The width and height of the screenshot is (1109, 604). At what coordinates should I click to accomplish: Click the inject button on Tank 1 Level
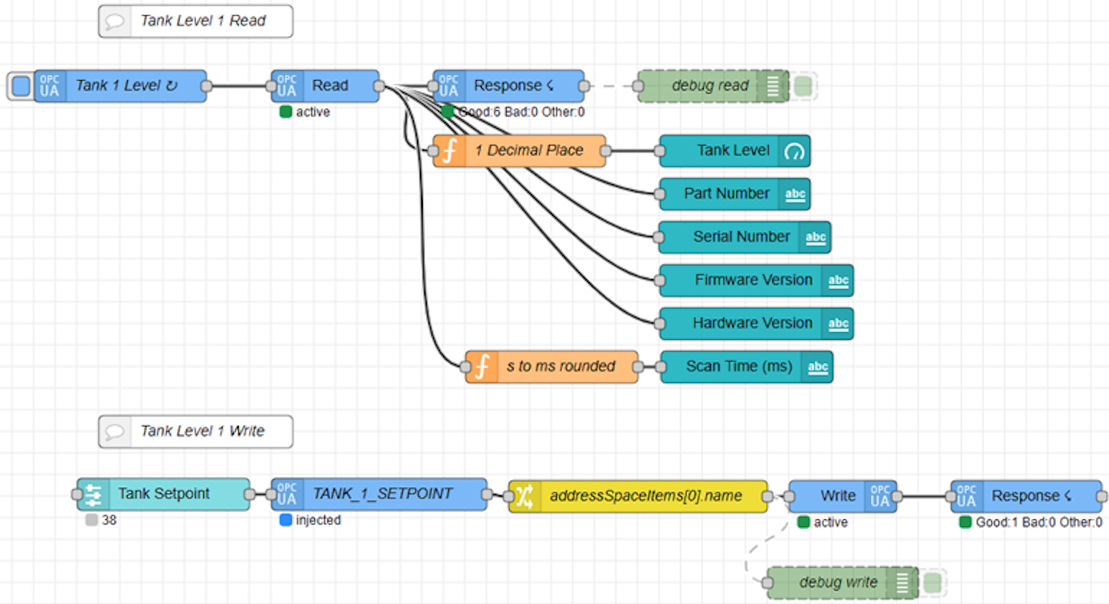22,86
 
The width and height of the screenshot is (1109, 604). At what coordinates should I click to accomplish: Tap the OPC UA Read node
329,86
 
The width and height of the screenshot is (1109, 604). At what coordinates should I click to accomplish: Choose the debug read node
709,86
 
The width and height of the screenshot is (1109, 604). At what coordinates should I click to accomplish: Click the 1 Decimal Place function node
528,151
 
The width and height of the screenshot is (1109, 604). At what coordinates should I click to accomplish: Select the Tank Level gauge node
732,151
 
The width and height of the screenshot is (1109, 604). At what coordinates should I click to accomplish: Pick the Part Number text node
726,194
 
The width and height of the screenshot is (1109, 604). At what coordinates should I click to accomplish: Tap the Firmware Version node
753,280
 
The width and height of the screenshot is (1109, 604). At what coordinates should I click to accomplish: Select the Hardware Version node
752,324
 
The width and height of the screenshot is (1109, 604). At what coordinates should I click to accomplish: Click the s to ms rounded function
561,367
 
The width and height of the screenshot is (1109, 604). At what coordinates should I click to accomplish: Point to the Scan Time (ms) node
739,367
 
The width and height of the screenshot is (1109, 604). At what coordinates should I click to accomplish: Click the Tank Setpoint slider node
163,494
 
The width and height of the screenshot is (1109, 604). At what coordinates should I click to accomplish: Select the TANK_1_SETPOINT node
382,494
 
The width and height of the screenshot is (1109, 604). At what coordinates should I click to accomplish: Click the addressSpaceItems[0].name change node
645,496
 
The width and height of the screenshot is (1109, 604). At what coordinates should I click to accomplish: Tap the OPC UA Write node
838,496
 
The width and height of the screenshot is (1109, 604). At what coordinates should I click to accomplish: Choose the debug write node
838,582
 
